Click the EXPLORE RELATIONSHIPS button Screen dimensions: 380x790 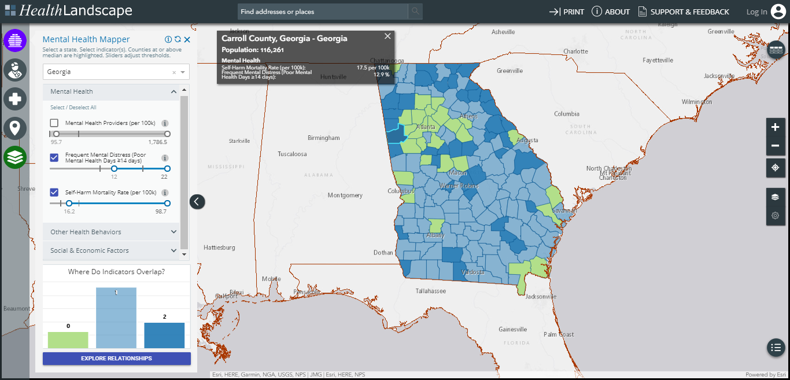(116, 359)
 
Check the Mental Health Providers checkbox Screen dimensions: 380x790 (54, 123)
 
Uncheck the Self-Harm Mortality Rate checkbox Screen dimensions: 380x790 (54, 192)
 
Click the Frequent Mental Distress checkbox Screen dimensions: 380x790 (54, 157)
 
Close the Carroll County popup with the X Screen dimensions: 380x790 (387, 36)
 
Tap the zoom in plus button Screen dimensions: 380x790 (775, 127)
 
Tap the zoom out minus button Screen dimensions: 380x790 (775, 146)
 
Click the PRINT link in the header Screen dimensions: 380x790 (567, 12)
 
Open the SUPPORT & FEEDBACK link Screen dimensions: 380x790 (684, 12)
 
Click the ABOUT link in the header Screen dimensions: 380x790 (611, 12)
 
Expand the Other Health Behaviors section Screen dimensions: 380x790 (113, 232)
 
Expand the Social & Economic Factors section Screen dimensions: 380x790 (113, 250)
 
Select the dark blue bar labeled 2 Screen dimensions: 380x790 (164, 335)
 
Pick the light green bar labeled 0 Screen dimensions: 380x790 (68, 340)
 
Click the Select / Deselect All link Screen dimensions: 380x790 (73, 108)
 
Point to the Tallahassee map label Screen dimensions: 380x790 (431, 291)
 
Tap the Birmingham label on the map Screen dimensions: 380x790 (324, 138)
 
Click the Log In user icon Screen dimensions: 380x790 (777, 12)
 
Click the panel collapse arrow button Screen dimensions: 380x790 (197, 201)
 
